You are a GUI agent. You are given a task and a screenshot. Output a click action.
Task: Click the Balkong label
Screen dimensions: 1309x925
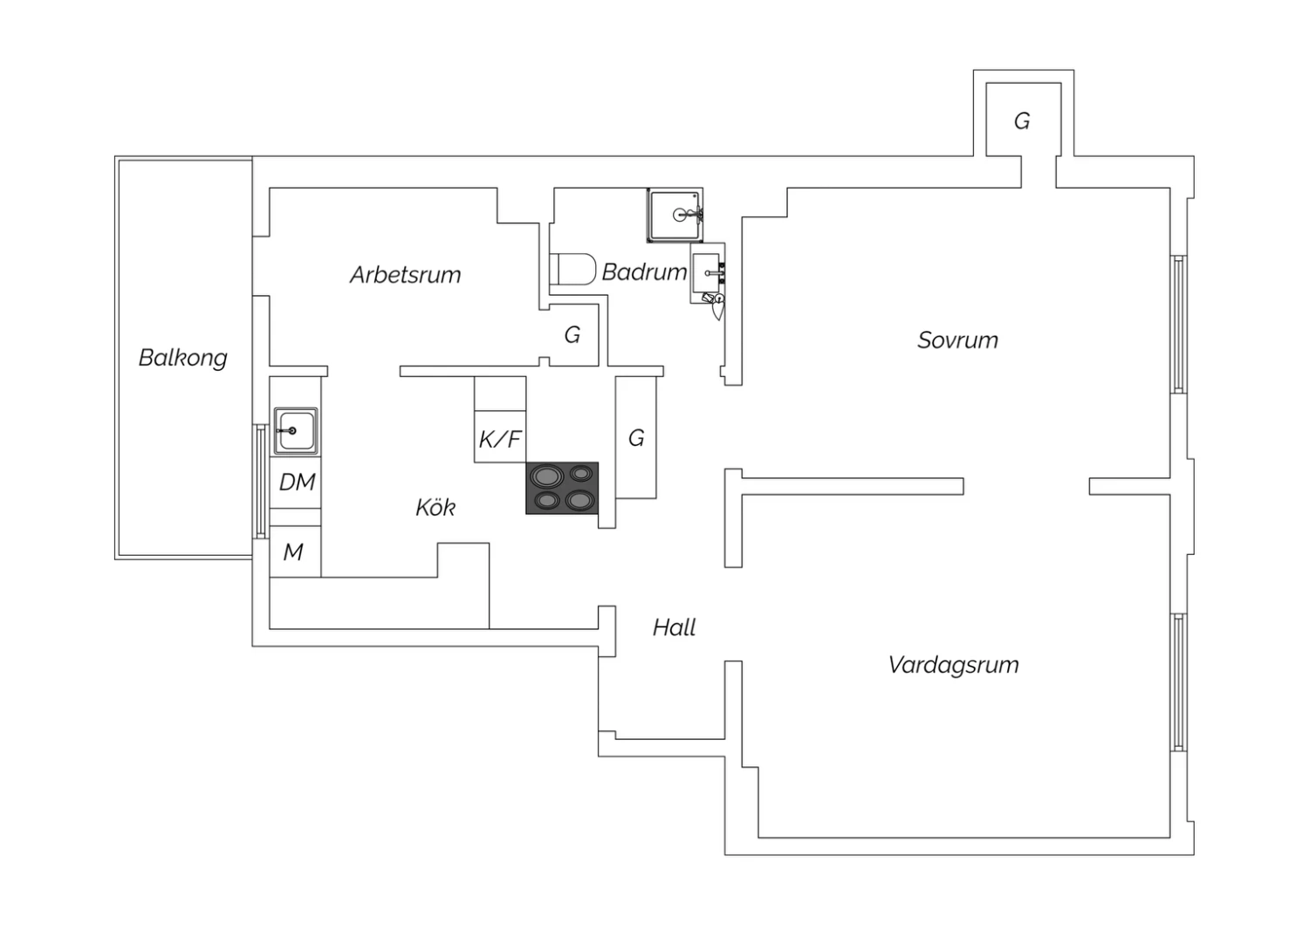183,358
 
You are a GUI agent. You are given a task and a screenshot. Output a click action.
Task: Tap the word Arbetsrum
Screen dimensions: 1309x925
406,275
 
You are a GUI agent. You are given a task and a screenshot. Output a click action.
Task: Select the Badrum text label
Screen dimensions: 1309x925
645,271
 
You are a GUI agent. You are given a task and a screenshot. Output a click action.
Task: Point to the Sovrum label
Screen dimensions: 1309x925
958,340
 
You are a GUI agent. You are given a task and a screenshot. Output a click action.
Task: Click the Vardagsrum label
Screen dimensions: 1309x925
954,666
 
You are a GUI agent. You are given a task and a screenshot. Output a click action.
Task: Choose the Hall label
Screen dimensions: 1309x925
675,627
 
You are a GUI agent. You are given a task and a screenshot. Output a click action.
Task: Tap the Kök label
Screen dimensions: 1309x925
435,507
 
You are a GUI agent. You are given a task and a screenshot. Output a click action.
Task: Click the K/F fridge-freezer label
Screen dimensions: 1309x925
500,439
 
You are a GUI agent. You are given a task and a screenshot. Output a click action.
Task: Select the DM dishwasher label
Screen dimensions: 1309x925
298,482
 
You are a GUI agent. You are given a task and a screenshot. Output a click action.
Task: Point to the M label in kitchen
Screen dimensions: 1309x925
293,552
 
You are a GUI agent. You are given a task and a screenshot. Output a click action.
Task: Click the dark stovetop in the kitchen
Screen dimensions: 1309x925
562,489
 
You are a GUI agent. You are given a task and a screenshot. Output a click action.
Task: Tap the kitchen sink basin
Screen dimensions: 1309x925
296,431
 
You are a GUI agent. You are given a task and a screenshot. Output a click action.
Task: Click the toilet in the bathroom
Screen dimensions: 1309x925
572,269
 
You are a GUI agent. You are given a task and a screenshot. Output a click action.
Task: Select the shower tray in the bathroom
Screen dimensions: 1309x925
675,215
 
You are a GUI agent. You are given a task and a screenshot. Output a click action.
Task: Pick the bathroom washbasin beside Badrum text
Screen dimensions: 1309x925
708,273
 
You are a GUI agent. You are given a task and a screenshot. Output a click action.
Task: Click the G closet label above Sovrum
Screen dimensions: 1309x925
1022,121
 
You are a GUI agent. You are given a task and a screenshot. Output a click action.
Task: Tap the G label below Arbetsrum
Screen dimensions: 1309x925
572,335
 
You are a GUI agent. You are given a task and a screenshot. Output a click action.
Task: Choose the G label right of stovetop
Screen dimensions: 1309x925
636,438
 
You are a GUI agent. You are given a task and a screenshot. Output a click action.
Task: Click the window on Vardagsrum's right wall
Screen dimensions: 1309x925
1179,682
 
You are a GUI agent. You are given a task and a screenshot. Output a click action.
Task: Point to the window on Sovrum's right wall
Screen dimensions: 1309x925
1179,325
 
